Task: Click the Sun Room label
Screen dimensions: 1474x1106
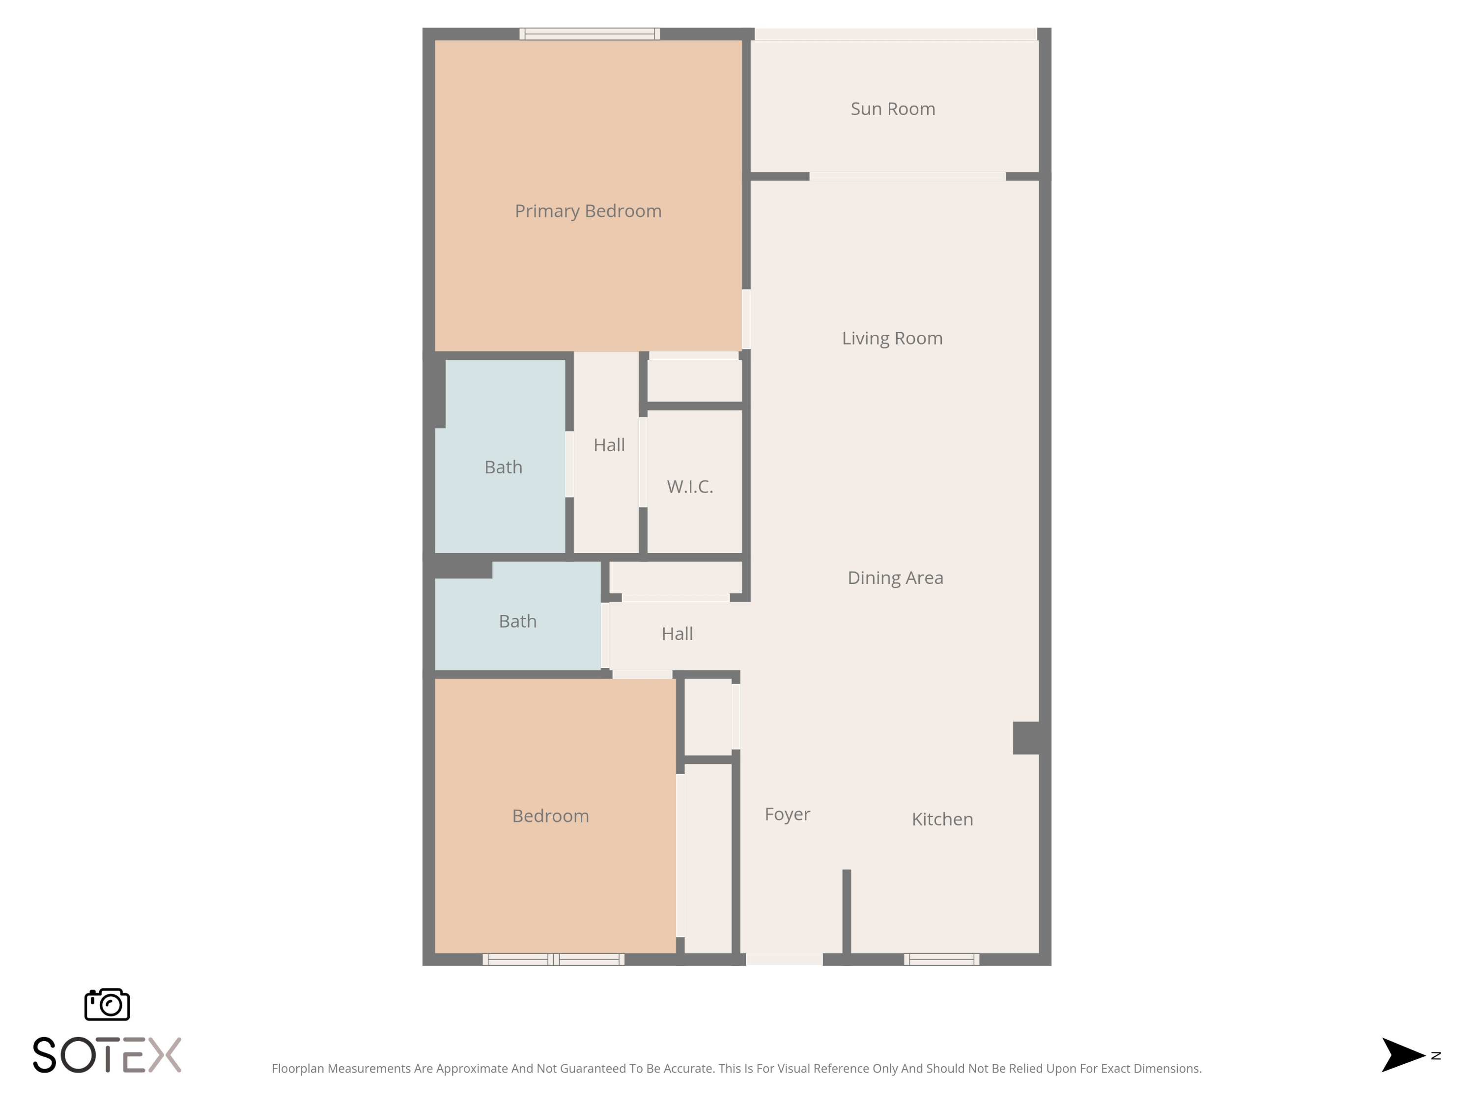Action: tap(893, 109)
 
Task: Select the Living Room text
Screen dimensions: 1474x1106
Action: tap(892, 338)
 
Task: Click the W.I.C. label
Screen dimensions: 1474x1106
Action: tap(690, 487)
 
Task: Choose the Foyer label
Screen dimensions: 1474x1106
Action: tap(787, 814)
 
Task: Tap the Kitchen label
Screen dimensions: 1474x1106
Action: tap(942, 818)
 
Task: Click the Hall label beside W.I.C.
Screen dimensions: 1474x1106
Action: tap(609, 445)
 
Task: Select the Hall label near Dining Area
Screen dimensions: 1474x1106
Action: tap(677, 633)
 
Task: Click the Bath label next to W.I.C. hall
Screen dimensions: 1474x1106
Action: tap(503, 466)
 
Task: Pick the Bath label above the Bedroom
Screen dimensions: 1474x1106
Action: tap(518, 621)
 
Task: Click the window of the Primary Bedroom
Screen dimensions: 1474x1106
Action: tap(590, 34)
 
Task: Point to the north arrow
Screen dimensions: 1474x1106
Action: tap(1403, 1055)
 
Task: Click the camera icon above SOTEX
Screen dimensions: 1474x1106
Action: tap(107, 1004)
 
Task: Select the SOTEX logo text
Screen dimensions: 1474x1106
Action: tap(107, 1055)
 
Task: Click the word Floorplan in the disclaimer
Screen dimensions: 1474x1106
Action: tap(298, 1069)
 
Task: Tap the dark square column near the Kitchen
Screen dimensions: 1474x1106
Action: tap(1026, 737)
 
